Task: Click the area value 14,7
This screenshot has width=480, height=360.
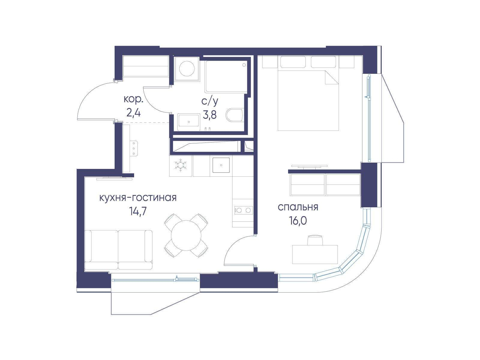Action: click(x=138, y=211)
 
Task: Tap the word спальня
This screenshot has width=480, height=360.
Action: click(x=298, y=207)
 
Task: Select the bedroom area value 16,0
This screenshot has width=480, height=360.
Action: click(x=298, y=221)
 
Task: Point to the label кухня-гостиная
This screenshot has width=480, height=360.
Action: click(x=138, y=198)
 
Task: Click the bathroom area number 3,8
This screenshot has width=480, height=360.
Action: click(x=209, y=114)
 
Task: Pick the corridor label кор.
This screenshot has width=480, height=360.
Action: click(x=133, y=100)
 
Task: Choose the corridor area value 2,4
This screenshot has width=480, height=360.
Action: click(x=133, y=113)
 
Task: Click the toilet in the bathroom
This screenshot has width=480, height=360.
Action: click(x=235, y=115)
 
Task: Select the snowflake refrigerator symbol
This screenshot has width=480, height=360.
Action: click(x=180, y=165)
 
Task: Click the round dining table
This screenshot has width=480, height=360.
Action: click(x=186, y=235)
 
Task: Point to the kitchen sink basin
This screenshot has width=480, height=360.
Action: click(x=221, y=165)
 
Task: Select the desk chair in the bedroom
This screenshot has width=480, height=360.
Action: click(x=315, y=240)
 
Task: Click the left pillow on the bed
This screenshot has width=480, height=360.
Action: click(x=293, y=62)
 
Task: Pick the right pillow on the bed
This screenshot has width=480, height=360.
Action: click(x=323, y=62)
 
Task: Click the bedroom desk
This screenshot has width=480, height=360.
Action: click(x=315, y=254)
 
